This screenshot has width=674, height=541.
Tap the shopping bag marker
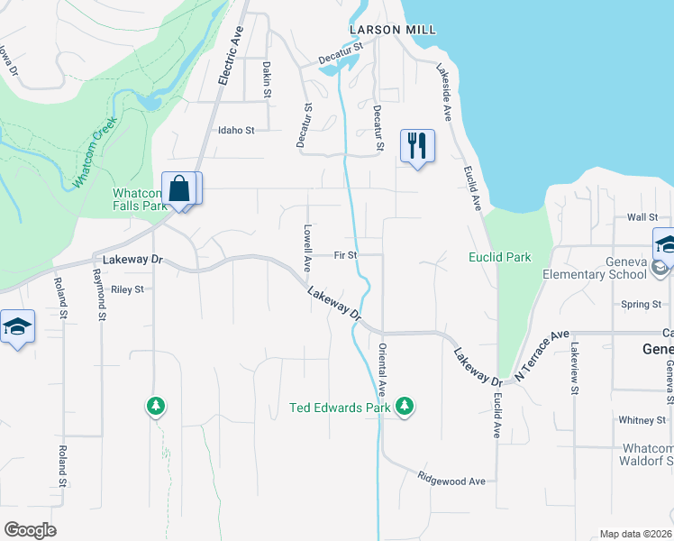tap(180, 189)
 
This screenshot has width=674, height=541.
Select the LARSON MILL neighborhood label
tap(393, 30)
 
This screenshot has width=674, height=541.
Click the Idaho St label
tap(236, 130)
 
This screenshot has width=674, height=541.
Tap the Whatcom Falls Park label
tap(140, 199)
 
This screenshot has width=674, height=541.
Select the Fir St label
tap(346, 255)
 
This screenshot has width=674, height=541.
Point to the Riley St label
tap(127, 289)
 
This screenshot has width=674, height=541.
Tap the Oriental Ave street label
tap(382, 369)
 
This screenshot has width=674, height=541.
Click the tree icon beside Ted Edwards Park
tap(405, 407)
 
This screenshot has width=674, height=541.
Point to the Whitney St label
tap(642, 419)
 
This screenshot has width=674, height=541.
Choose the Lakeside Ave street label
tap(444, 92)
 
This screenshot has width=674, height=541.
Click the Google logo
tap(30, 530)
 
